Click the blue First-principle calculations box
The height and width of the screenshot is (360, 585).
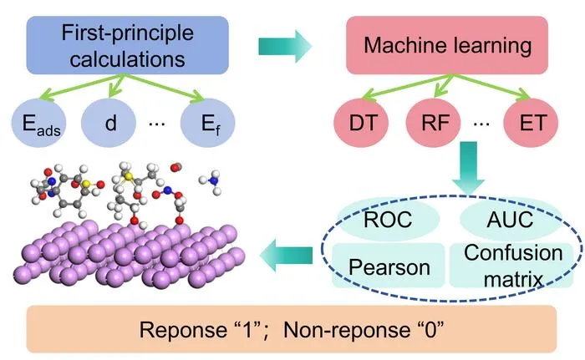coord(127,45)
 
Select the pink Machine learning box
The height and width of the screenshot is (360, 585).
coord(447,45)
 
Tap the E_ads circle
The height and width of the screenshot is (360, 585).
coord(38,123)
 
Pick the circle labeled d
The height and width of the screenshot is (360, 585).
coord(109,123)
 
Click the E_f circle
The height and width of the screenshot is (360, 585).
coord(208,123)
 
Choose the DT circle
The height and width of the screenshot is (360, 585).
coord(361,123)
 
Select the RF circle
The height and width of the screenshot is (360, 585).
coord(433,123)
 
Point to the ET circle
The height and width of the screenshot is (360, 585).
coord(531,123)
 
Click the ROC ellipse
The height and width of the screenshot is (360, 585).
coord(388,219)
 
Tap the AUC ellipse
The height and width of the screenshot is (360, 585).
coord(511,219)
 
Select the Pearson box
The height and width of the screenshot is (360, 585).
coord(389,266)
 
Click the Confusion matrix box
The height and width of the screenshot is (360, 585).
coord(511,266)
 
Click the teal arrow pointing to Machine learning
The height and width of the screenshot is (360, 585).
coord(285,46)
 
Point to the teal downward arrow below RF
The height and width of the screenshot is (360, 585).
coord(468,168)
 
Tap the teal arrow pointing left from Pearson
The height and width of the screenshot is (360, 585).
coord(286,255)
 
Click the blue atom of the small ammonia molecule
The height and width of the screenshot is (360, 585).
coord(213,181)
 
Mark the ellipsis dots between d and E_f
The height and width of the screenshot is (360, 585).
coord(157,124)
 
